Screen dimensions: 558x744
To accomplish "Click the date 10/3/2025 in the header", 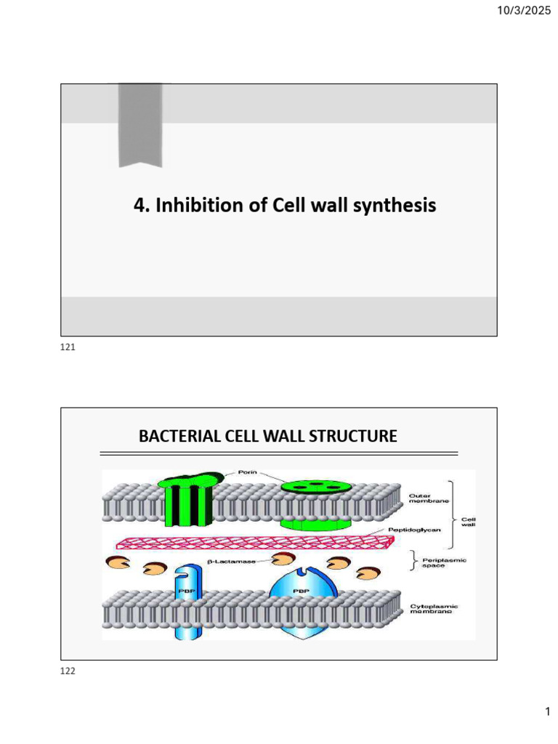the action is point(524,10).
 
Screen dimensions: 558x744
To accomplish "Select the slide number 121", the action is point(68,347).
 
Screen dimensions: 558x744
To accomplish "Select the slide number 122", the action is point(68,671).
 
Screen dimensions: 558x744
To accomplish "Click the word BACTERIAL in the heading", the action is point(180,436).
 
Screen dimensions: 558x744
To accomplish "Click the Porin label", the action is point(247,472).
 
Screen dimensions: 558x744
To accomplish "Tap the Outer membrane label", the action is point(429,498).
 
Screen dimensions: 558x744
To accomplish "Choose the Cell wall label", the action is point(469,522).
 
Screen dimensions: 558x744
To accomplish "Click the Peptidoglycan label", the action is point(414,530).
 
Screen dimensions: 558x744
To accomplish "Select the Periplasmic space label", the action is point(444,563).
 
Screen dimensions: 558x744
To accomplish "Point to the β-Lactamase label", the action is point(232,562).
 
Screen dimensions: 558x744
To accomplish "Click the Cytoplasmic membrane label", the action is point(434,609).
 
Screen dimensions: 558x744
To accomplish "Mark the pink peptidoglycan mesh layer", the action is point(255,542).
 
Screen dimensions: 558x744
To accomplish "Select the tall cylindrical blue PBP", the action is point(188,602).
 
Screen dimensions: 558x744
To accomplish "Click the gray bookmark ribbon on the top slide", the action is point(140,125).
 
